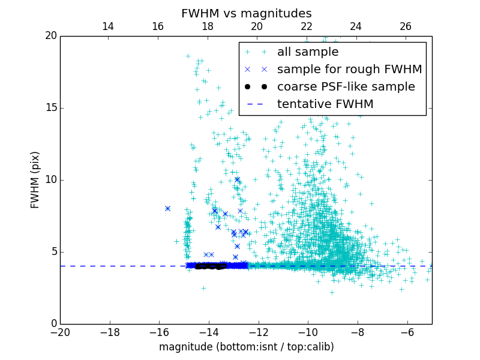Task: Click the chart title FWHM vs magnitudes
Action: coord(246,13)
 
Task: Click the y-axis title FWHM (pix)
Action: coord(35,180)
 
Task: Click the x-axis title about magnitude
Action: coord(246,347)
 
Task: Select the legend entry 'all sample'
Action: coord(307,52)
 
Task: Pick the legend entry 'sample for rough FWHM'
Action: coord(349,70)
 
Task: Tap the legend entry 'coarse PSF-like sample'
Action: coord(346,87)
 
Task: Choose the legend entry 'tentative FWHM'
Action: coord(325,104)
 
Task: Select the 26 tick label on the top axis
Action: coord(406,26)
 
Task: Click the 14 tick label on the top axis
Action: coord(108,26)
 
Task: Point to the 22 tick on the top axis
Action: coord(307,26)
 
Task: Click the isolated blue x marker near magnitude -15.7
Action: coord(167,209)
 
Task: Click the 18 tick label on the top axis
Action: coord(208,26)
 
